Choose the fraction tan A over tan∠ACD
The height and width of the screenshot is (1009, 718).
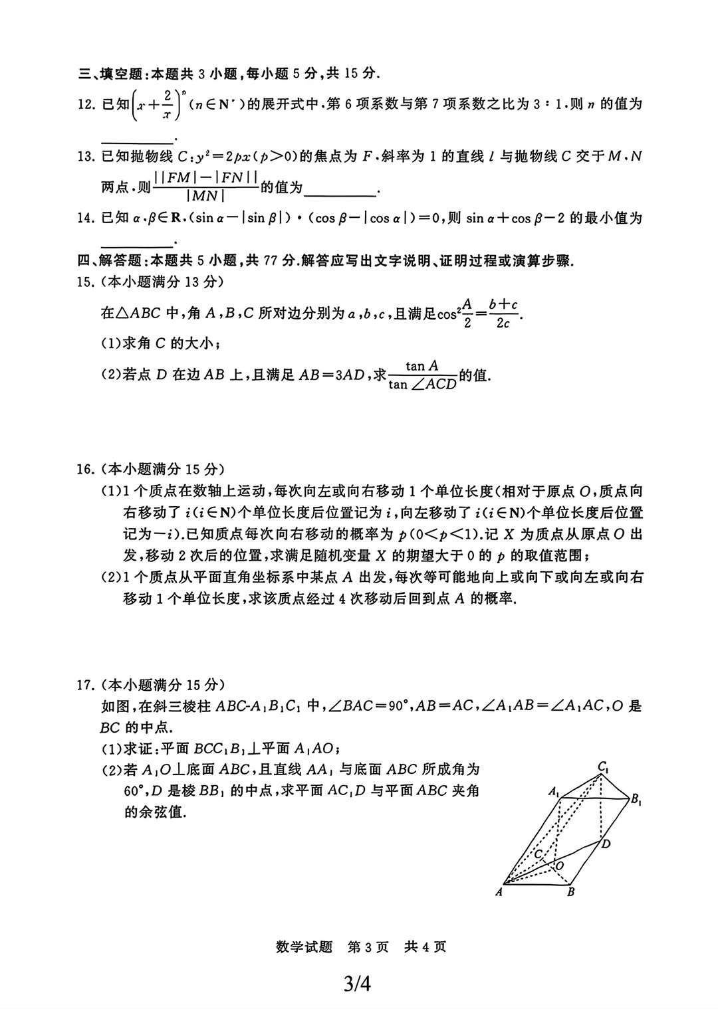click(423, 375)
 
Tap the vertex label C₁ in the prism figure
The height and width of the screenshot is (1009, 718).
click(603, 768)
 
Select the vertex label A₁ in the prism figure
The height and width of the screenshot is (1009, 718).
click(553, 792)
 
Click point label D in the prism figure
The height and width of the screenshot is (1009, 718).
click(606, 844)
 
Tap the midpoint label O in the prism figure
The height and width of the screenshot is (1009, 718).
click(559, 866)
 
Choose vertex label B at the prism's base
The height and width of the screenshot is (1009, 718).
click(570, 893)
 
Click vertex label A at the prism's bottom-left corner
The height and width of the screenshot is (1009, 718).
click(499, 893)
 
